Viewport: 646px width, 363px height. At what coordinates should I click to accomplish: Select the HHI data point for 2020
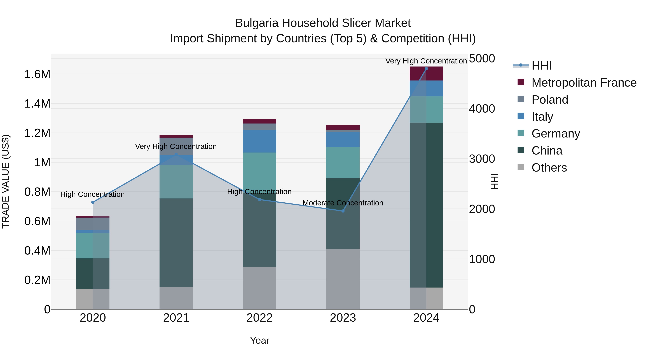pyautogui.click(x=93, y=202)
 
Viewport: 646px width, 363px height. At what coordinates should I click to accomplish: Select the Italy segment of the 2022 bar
pyautogui.click(x=259, y=141)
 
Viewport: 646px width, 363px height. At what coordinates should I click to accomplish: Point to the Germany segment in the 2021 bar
pyautogui.click(x=176, y=182)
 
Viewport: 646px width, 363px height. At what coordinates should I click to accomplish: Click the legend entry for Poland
pyautogui.click(x=549, y=100)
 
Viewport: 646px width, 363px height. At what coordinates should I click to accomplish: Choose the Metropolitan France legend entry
pyautogui.click(x=584, y=83)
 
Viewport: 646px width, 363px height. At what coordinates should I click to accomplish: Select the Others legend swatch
pyautogui.click(x=521, y=167)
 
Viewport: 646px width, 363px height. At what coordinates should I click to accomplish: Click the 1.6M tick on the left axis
pyautogui.click(x=37, y=74)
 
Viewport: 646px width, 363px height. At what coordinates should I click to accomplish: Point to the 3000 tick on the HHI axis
pyautogui.click(x=482, y=159)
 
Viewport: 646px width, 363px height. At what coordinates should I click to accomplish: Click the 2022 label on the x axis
pyautogui.click(x=259, y=318)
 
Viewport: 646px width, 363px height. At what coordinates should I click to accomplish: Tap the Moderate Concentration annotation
pyautogui.click(x=343, y=203)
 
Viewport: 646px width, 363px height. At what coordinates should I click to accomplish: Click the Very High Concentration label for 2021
pyautogui.click(x=176, y=147)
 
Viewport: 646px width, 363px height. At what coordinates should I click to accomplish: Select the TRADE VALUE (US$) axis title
pyautogui.click(x=6, y=181)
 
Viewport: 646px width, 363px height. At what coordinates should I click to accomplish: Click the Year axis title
pyautogui.click(x=259, y=340)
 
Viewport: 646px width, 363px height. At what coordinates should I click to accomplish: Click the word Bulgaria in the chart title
pyautogui.click(x=257, y=23)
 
